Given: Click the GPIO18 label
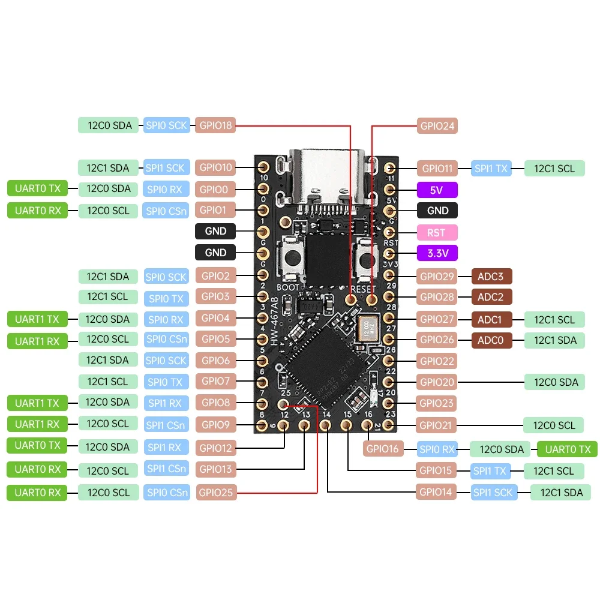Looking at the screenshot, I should pos(215,125).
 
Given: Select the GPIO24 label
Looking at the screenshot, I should pos(437,126).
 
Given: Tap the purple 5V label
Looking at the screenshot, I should pos(437,190).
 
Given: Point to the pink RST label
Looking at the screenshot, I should pos(437,232).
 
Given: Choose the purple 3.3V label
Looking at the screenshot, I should pos(437,253).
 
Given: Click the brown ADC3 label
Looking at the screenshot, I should pos(491,277).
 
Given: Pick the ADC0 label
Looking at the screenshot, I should pos(491,340).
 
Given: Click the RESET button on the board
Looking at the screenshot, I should pos(364,260).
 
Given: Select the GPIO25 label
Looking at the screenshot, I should pos(215,493).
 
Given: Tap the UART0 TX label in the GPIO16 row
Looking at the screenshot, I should pos(567,449).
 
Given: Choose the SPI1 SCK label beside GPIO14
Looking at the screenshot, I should pos(494,493).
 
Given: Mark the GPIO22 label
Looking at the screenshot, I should pos(437,361).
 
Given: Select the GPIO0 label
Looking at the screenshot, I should pos(215,190).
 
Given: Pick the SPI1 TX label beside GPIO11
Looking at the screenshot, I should pos(491,169).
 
